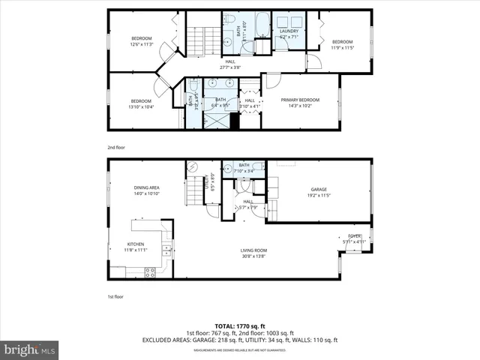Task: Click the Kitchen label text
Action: click(x=135, y=244)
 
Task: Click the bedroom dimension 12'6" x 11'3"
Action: click(x=142, y=44)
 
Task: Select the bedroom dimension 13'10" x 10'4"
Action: click(x=141, y=106)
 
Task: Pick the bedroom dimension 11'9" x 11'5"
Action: click(x=342, y=47)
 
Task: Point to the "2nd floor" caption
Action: click(x=115, y=148)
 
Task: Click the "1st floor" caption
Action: click(x=115, y=298)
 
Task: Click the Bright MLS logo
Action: click(x=30, y=349)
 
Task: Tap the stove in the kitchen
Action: click(x=151, y=271)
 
